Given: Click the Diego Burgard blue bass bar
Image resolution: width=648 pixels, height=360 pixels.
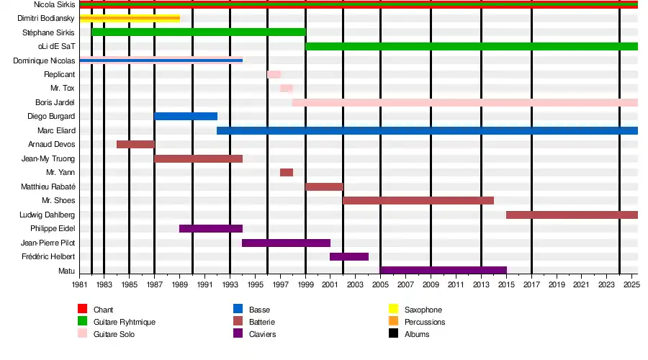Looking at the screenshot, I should point(186,116).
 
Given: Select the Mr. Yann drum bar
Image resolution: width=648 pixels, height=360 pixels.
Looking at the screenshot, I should point(287,172).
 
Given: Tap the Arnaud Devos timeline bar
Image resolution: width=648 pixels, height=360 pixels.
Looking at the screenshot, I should point(135,144).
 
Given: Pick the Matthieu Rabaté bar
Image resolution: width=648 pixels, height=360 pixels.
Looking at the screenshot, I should point(325,186).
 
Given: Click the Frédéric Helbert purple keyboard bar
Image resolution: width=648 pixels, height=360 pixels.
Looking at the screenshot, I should point(349,256).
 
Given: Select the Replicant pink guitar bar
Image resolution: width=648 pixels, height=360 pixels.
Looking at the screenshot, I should point(274,74).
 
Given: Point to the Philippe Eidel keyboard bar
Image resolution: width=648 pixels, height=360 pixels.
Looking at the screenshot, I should point(211,228).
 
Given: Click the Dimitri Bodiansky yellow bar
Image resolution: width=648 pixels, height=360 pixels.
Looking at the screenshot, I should point(130,18).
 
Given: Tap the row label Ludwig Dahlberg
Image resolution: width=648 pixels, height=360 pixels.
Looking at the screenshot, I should point(47,215).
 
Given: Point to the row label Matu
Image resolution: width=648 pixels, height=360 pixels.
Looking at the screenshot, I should point(66,271).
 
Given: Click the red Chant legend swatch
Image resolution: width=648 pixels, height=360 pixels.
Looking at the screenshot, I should point(82,309).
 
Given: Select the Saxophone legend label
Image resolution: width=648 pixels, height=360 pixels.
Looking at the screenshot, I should point(423,310).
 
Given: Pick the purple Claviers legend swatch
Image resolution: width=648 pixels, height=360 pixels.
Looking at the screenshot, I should point(238,333).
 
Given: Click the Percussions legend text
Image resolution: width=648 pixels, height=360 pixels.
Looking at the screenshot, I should point(425,322).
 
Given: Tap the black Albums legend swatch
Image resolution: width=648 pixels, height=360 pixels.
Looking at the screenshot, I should point(393,333).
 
